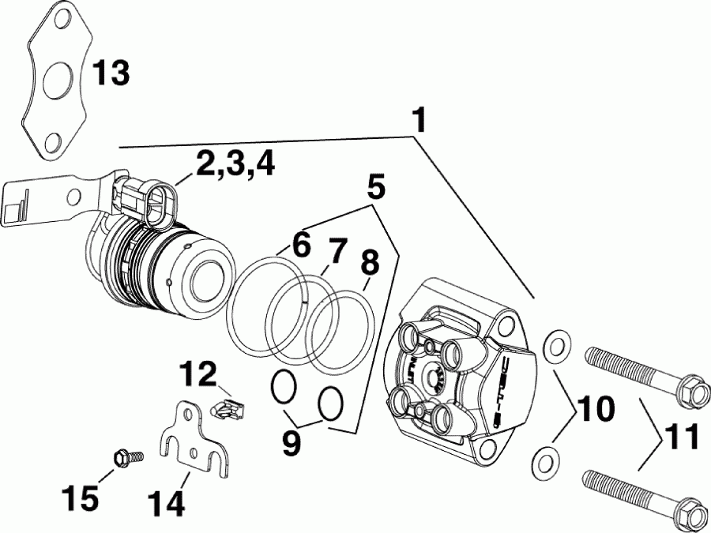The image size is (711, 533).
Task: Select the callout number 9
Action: click(292, 443)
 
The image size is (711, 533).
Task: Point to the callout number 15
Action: click(81, 497)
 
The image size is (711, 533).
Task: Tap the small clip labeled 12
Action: click(228, 408)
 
